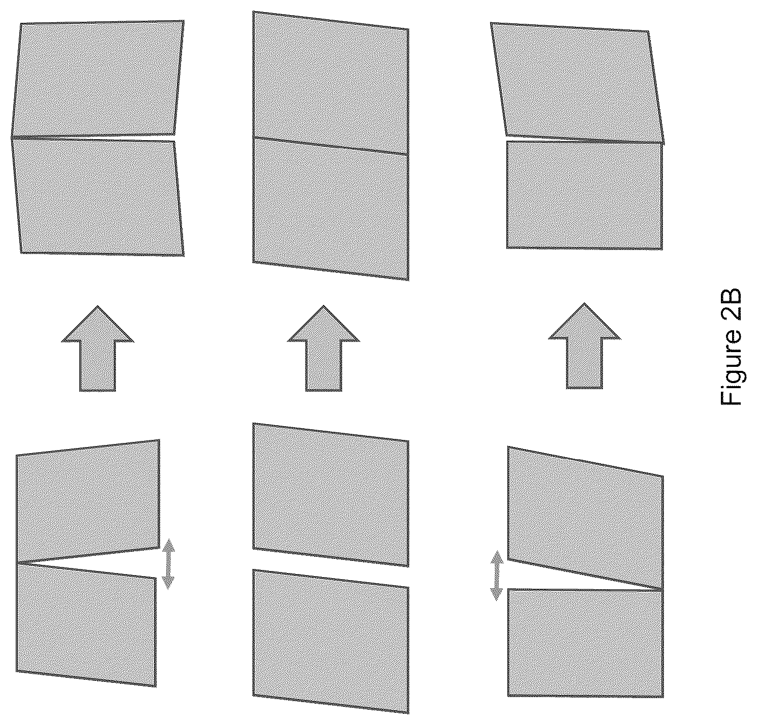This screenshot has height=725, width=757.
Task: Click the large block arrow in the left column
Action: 98,348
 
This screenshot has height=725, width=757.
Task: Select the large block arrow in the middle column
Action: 324,348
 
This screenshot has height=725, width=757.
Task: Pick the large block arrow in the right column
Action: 584,345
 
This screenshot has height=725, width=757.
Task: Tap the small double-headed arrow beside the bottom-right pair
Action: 497,575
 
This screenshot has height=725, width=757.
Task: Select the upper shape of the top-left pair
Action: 98,79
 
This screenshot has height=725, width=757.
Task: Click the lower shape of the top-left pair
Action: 98,198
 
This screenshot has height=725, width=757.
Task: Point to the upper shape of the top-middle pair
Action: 330,82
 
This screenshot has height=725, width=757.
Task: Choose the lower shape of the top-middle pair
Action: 330,209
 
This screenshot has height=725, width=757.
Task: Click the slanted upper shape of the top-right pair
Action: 577,82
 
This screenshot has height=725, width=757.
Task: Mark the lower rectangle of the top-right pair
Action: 584,195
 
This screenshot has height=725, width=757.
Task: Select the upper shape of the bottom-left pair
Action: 88,501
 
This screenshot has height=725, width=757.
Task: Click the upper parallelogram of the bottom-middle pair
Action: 330,495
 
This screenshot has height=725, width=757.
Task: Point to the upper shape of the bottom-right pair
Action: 586,518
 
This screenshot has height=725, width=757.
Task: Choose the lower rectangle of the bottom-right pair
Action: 586,643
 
